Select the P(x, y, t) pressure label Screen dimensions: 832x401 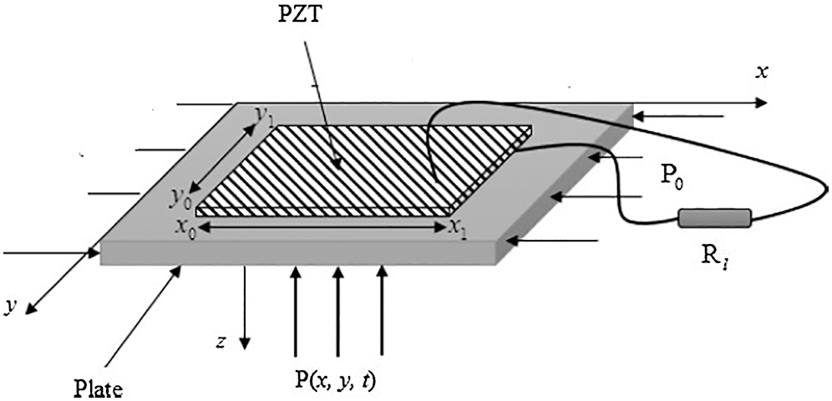pos(334,383)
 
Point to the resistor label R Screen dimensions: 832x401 pos(710,257)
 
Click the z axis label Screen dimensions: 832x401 pos(224,343)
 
